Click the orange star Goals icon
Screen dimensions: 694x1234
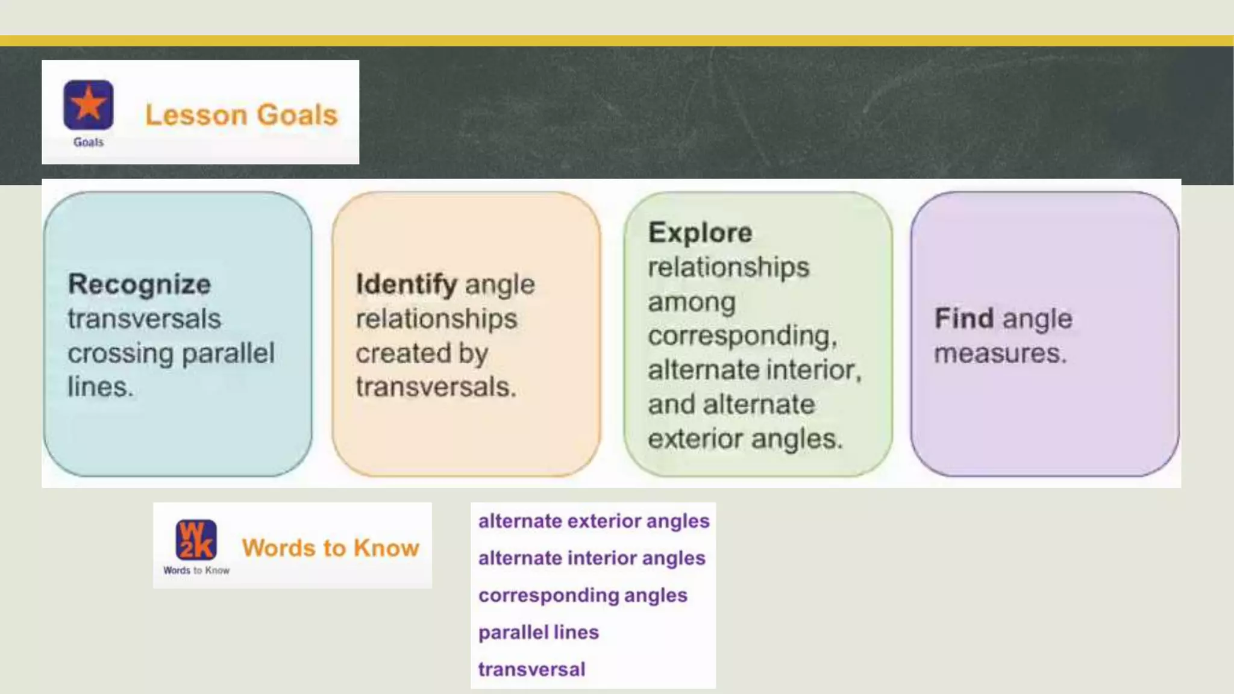point(89,105)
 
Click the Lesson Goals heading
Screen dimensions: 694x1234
point(241,114)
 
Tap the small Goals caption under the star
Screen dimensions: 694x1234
point(89,142)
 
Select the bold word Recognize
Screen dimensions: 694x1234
point(139,284)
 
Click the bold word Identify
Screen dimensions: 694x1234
point(406,284)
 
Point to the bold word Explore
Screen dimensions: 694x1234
point(700,233)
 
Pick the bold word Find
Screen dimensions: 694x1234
point(963,318)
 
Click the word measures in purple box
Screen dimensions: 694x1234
point(1000,353)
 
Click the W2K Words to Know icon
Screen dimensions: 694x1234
point(196,540)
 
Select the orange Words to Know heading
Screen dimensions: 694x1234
point(330,548)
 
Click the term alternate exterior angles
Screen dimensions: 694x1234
point(594,520)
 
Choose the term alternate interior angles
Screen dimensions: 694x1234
point(592,558)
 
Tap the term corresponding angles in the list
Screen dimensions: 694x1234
point(583,595)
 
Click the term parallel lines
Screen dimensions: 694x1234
point(539,632)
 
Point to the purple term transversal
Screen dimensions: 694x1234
point(531,669)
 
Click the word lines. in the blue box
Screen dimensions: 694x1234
point(101,387)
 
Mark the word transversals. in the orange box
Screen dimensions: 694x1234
point(436,387)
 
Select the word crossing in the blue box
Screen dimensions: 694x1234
point(121,353)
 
